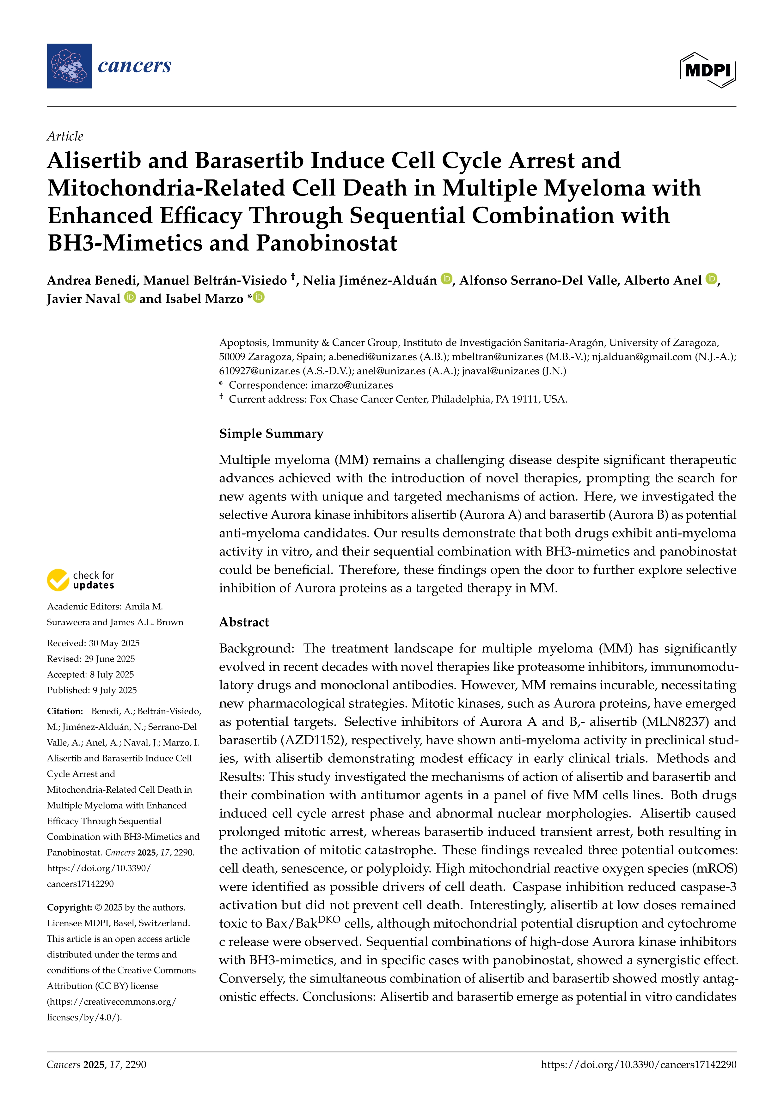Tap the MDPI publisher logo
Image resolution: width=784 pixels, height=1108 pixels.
(x=708, y=70)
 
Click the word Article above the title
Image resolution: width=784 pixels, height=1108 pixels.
(x=65, y=136)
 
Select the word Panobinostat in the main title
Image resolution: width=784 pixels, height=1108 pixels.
(x=326, y=243)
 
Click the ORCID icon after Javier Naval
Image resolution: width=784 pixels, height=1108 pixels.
(x=130, y=297)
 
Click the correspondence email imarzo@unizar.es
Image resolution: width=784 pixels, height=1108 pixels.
(x=352, y=385)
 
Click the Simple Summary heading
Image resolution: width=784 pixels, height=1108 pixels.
(x=271, y=433)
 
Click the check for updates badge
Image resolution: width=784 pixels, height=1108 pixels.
(x=81, y=580)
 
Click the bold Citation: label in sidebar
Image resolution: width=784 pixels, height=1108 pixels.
(x=65, y=711)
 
